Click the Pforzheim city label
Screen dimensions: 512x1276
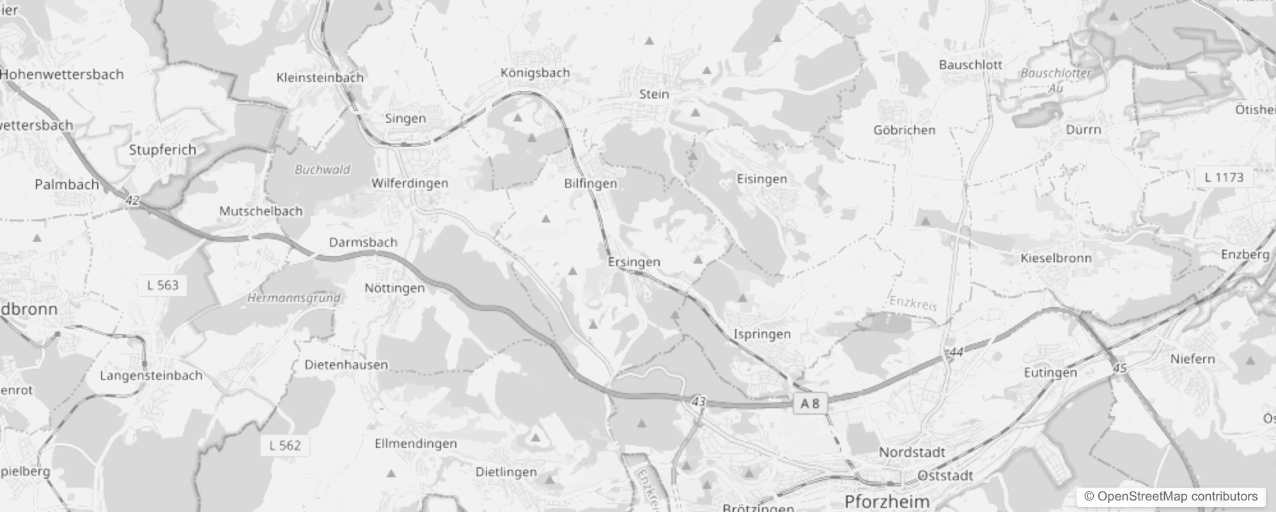[887, 501]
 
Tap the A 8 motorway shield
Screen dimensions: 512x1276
[810, 403]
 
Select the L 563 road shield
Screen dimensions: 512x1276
[162, 285]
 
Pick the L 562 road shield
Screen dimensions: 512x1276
[284, 445]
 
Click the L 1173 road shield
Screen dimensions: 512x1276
[1224, 177]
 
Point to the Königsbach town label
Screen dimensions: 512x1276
[535, 73]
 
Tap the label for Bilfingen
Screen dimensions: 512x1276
[591, 184]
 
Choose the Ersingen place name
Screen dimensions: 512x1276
[634, 262]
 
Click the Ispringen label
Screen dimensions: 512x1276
[761, 334]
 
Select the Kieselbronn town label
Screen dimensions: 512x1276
[1056, 259]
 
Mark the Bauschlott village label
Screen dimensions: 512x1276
[970, 65]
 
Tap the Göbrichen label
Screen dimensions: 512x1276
[904, 130]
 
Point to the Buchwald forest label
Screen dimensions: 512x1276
[322, 170]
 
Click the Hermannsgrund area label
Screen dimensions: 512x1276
[294, 298]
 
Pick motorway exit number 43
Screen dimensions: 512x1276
[698, 402]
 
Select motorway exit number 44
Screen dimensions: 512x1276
[956, 352]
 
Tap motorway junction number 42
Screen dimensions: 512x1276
[132, 201]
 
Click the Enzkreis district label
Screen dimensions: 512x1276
[913, 303]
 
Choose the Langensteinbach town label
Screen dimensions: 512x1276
[151, 376]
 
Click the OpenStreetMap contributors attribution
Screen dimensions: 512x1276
[1171, 497]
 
